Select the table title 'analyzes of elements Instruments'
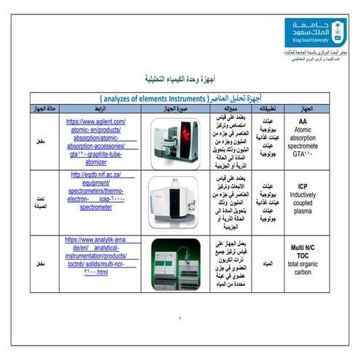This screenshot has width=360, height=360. tap(180, 97)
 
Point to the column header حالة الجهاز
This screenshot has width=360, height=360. tap(43, 108)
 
